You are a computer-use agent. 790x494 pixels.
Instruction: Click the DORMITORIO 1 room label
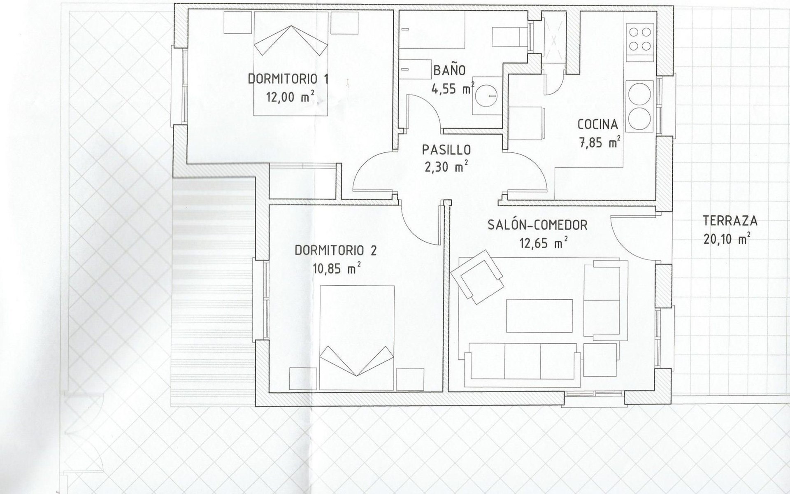(x=288, y=79)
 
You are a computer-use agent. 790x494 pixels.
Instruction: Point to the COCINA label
(x=597, y=124)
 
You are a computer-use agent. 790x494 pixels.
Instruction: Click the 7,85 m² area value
(x=599, y=142)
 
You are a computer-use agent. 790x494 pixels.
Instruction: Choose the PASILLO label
(x=446, y=150)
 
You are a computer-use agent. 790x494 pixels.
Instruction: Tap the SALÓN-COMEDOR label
(x=537, y=225)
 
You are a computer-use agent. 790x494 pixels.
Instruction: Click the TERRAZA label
(x=730, y=221)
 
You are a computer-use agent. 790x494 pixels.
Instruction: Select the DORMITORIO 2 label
(x=336, y=251)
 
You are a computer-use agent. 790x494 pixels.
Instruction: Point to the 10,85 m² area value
(x=337, y=268)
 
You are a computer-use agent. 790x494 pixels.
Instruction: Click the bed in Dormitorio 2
(x=357, y=337)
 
